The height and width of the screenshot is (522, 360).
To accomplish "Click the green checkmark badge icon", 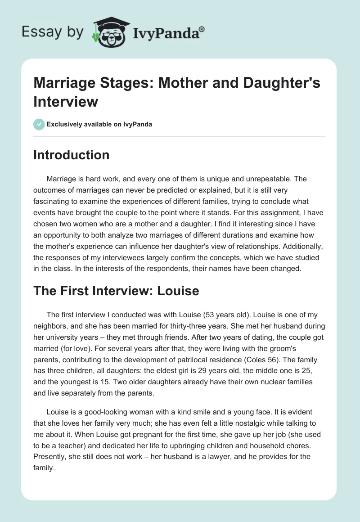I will point(39,124).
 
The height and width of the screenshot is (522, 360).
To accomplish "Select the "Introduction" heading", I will point(71,155).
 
